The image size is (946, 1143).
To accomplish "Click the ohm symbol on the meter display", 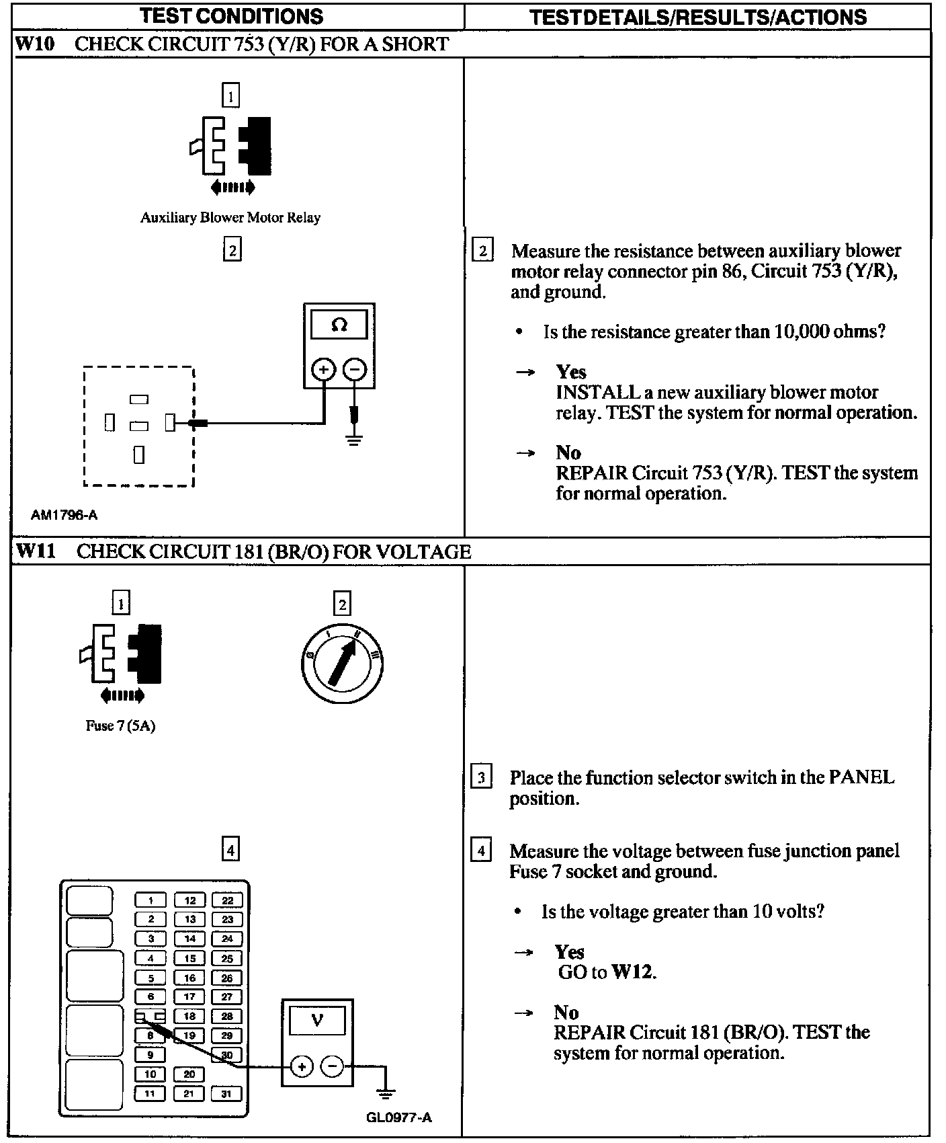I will click(x=339, y=325).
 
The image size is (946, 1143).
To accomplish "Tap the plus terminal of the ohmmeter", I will click(x=323, y=369).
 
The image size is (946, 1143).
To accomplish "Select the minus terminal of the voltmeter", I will click(x=332, y=1066).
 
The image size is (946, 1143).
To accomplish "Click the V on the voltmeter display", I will click(x=317, y=1021).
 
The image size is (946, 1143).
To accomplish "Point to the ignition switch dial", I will click(x=342, y=662).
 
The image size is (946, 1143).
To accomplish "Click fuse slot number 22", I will click(x=228, y=900).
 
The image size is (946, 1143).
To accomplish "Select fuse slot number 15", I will click(x=190, y=959).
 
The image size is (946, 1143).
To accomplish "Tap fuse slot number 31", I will click(x=226, y=1094).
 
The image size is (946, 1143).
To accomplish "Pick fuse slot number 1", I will click(x=151, y=900).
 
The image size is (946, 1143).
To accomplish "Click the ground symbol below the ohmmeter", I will click(x=355, y=440).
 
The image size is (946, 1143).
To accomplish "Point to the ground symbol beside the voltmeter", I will click(x=385, y=1094).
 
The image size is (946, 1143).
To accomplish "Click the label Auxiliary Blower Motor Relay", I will click(x=230, y=218).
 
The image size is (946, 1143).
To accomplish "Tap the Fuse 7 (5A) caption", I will click(x=120, y=726).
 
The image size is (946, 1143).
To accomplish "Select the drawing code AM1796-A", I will click(x=64, y=515).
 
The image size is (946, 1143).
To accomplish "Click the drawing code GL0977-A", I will click(x=398, y=1117).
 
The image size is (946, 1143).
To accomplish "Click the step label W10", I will click(x=34, y=44).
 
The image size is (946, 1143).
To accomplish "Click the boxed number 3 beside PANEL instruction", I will click(x=481, y=778).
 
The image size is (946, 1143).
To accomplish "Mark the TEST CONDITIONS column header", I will click(x=232, y=16).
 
